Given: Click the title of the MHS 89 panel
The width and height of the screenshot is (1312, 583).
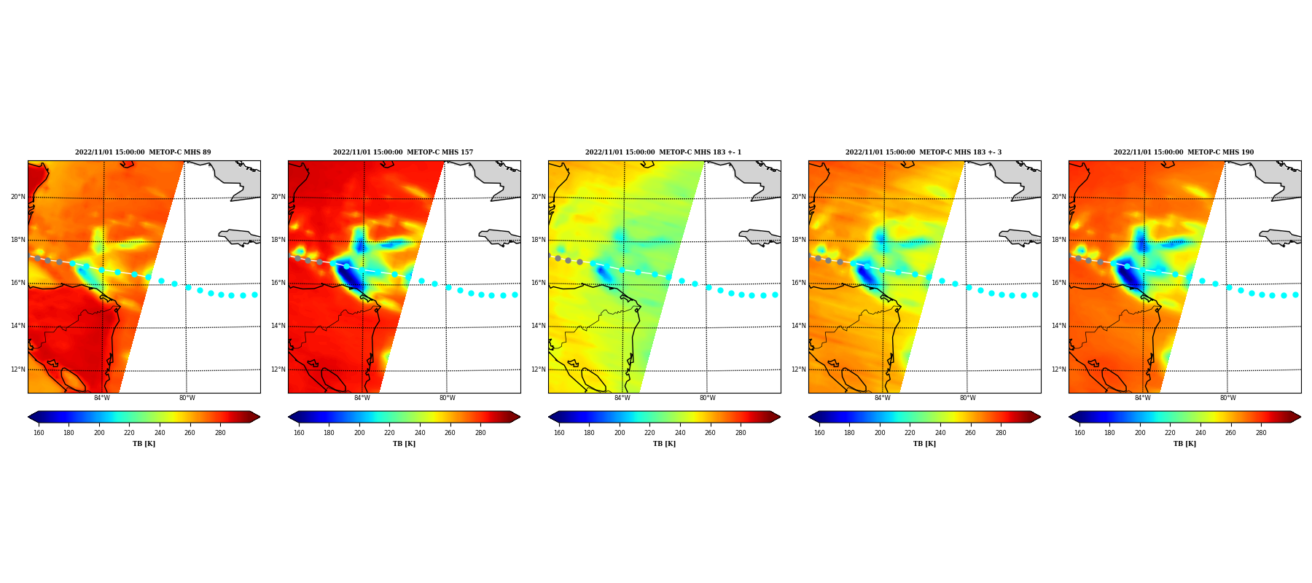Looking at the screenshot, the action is tap(143, 152).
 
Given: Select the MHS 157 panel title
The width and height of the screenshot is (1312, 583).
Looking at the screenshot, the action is tap(403, 152).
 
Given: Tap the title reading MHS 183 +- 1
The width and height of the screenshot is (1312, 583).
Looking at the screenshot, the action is tap(663, 152).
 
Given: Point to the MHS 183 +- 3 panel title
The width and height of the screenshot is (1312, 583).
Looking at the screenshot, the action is tap(924, 152).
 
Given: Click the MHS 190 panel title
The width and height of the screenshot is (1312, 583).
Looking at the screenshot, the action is tap(1184, 152).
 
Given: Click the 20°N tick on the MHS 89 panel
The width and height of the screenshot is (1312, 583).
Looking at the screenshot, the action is tap(17, 197).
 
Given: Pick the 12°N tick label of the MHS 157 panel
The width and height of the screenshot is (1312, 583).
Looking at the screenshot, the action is tap(278, 369).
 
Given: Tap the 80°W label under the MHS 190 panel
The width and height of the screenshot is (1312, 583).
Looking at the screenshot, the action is tap(1227, 398).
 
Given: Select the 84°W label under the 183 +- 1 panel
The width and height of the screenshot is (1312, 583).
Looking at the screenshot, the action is tap(622, 398).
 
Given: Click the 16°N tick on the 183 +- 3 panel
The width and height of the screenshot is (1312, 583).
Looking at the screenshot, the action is tap(798, 283).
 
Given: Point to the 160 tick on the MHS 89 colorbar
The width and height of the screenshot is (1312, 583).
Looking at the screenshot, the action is tap(39, 433).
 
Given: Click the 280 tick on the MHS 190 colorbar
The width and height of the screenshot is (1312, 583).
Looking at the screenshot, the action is tap(1261, 433).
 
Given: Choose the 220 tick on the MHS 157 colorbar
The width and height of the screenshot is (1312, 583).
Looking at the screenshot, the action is tap(389, 433).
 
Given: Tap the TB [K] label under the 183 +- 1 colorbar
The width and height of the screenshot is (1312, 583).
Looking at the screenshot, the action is tap(664, 444).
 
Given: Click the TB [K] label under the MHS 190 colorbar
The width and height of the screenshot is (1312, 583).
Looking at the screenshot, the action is tap(1184, 444).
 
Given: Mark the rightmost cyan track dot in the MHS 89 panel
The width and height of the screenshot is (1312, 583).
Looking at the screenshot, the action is tap(254, 294).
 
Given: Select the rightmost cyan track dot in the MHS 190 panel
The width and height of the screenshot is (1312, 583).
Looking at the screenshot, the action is tap(1295, 294).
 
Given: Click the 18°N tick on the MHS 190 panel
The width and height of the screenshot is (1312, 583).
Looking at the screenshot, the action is tap(1058, 240).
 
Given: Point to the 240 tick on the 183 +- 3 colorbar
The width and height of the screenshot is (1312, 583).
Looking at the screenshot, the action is tap(940, 433).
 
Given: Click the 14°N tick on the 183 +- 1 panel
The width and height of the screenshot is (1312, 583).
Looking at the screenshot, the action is tap(538, 326).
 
